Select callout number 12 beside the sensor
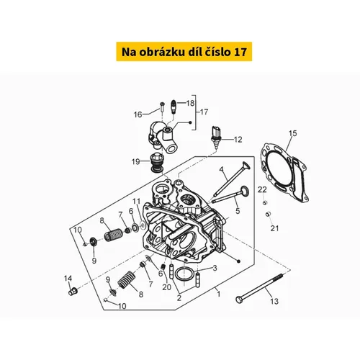[238, 140]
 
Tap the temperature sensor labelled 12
[215, 138]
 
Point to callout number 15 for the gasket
[292, 133]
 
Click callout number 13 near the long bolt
[274, 301]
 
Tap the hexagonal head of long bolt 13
[239, 300]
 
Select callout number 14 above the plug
[68, 279]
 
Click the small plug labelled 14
[73, 291]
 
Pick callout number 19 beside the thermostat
[136, 161]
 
